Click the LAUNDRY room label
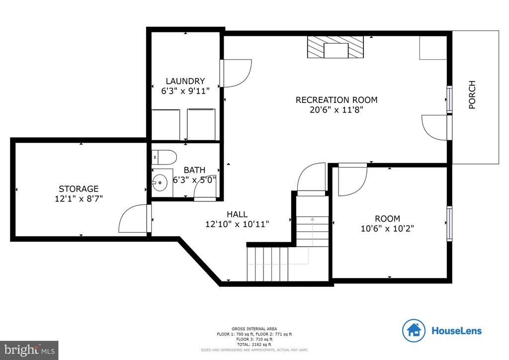[x=185, y=81]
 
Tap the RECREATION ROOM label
[x=337, y=100]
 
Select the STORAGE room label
[x=79, y=189]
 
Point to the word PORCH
[x=472, y=94]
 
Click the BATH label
[x=194, y=170]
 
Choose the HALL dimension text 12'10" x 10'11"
[x=237, y=224]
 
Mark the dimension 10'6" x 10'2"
[x=387, y=229]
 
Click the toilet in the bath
[x=164, y=157]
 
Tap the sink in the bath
[x=160, y=182]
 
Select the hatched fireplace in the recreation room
[x=336, y=48]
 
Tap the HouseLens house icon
[x=414, y=330]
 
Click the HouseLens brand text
[x=456, y=331]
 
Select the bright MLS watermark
[x=29, y=350]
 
